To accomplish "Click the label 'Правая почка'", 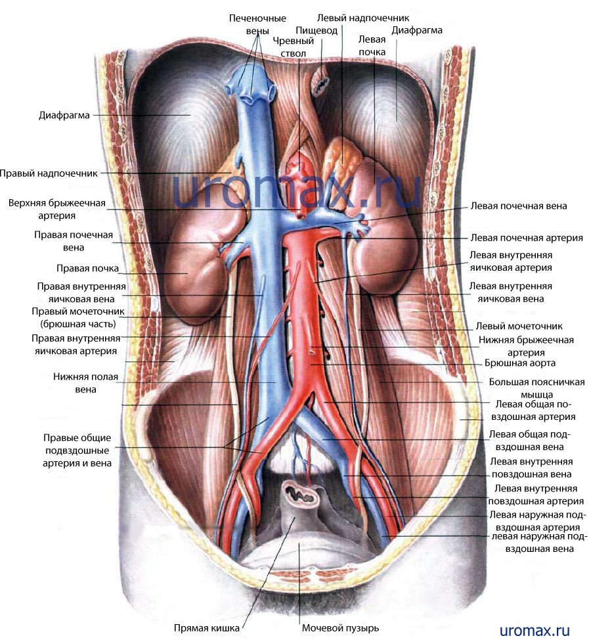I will [x=87, y=268].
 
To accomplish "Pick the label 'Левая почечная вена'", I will [x=519, y=206].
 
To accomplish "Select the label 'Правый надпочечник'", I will [x=49, y=173].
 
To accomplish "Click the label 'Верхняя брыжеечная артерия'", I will [x=57, y=209].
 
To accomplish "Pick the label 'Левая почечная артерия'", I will [x=527, y=238].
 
